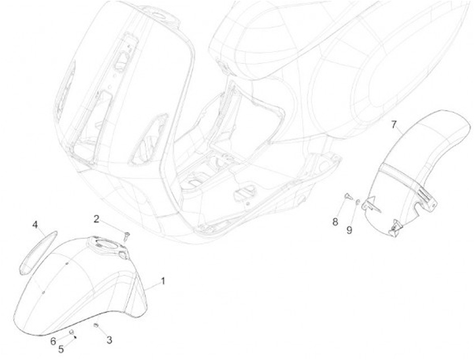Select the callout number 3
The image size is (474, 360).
[109, 340]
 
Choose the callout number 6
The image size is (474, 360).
[53, 340]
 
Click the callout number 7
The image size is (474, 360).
[394, 123]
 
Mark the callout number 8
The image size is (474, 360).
[334, 222]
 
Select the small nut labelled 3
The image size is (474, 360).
[96, 326]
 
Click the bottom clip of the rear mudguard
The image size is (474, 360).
[396, 228]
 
